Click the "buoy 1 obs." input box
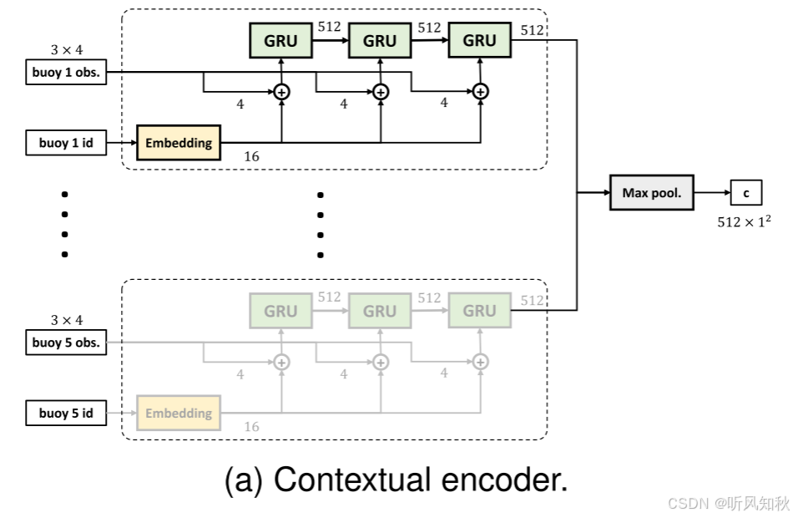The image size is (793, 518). pyautogui.click(x=66, y=72)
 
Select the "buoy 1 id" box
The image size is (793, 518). pyautogui.click(x=66, y=143)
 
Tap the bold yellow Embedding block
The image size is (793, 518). pyautogui.click(x=179, y=143)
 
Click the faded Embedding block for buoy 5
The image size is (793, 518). pyautogui.click(x=179, y=413)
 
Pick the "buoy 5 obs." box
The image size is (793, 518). pyautogui.click(x=66, y=343)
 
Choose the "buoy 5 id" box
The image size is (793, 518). pyautogui.click(x=66, y=413)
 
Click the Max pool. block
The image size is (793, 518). pyautogui.click(x=652, y=193)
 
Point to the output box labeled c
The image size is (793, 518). pyautogui.click(x=746, y=193)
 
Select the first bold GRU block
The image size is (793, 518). pyautogui.click(x=280, y=40)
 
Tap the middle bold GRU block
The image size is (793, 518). pyautogui.click(x=380, y=40)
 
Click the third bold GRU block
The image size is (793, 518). pyautogui.click(x=479, y=40)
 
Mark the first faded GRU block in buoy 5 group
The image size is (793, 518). pyautogui.click(x=280, y=311)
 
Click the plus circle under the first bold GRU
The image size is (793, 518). pyautogui.click(x=281, y=92)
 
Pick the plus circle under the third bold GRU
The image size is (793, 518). pyautogui.click(x=480, y=92)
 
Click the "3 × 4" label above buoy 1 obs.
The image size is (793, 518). pyautogui.click(x=66, y=50)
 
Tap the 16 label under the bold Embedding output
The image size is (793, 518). pyautogui.click(x=251, y=156)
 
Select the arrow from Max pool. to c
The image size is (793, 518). pyautogui.click(x=712, y=193)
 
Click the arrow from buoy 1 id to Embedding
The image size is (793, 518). pyautogui.click(x=122, y=143)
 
